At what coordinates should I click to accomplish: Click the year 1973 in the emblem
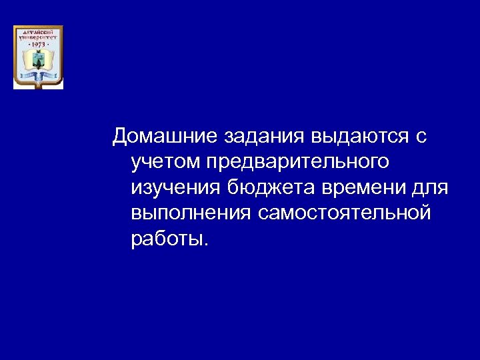click(x=39, y=44)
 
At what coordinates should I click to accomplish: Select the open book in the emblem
click(x=38, y=61)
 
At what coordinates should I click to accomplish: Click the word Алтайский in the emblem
click(x=38, y=31)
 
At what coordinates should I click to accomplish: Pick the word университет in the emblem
click(x=38, y=37)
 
